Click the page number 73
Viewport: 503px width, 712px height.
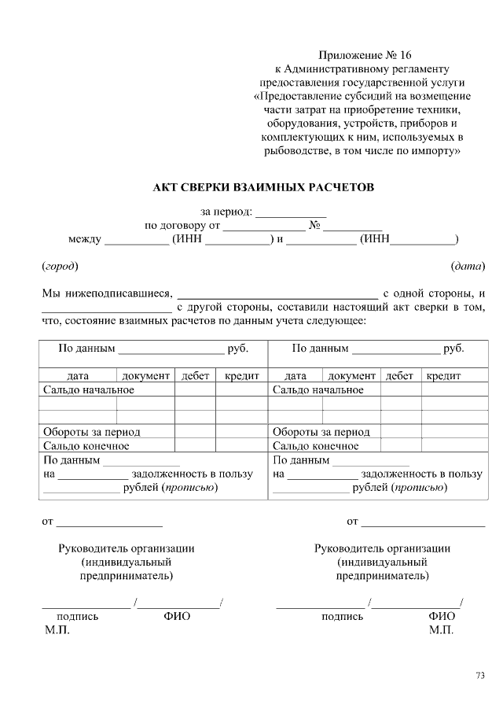[480, 674]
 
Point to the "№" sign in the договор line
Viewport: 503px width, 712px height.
[314, 226]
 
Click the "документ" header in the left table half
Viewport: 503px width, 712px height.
[145, 376]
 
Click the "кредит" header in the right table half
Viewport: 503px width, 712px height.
[443, 376]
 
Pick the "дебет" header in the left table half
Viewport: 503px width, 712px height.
[195, 376]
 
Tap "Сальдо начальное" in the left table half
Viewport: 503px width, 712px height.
[89, 389]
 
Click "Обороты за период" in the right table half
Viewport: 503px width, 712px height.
[321, 432]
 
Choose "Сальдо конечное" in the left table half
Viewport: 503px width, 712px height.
[86, 445]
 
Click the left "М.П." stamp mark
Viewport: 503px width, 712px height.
[57, 630]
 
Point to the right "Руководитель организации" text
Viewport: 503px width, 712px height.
[382, 548]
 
